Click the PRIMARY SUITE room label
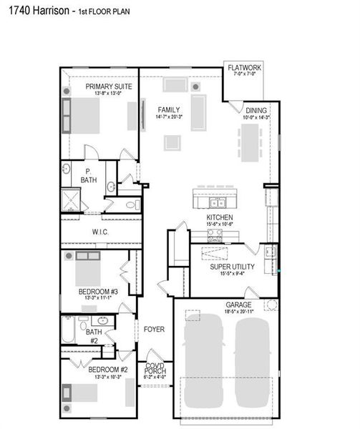coord(99,86)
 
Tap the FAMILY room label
coord(169,109)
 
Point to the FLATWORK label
coord(245,67)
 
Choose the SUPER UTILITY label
coord(230,266)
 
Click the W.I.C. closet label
coord(101,232)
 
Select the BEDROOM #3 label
coord(98,291)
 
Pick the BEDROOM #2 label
coord(108,370)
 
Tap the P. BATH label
coord(88,175)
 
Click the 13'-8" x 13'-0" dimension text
coord(99,93)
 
